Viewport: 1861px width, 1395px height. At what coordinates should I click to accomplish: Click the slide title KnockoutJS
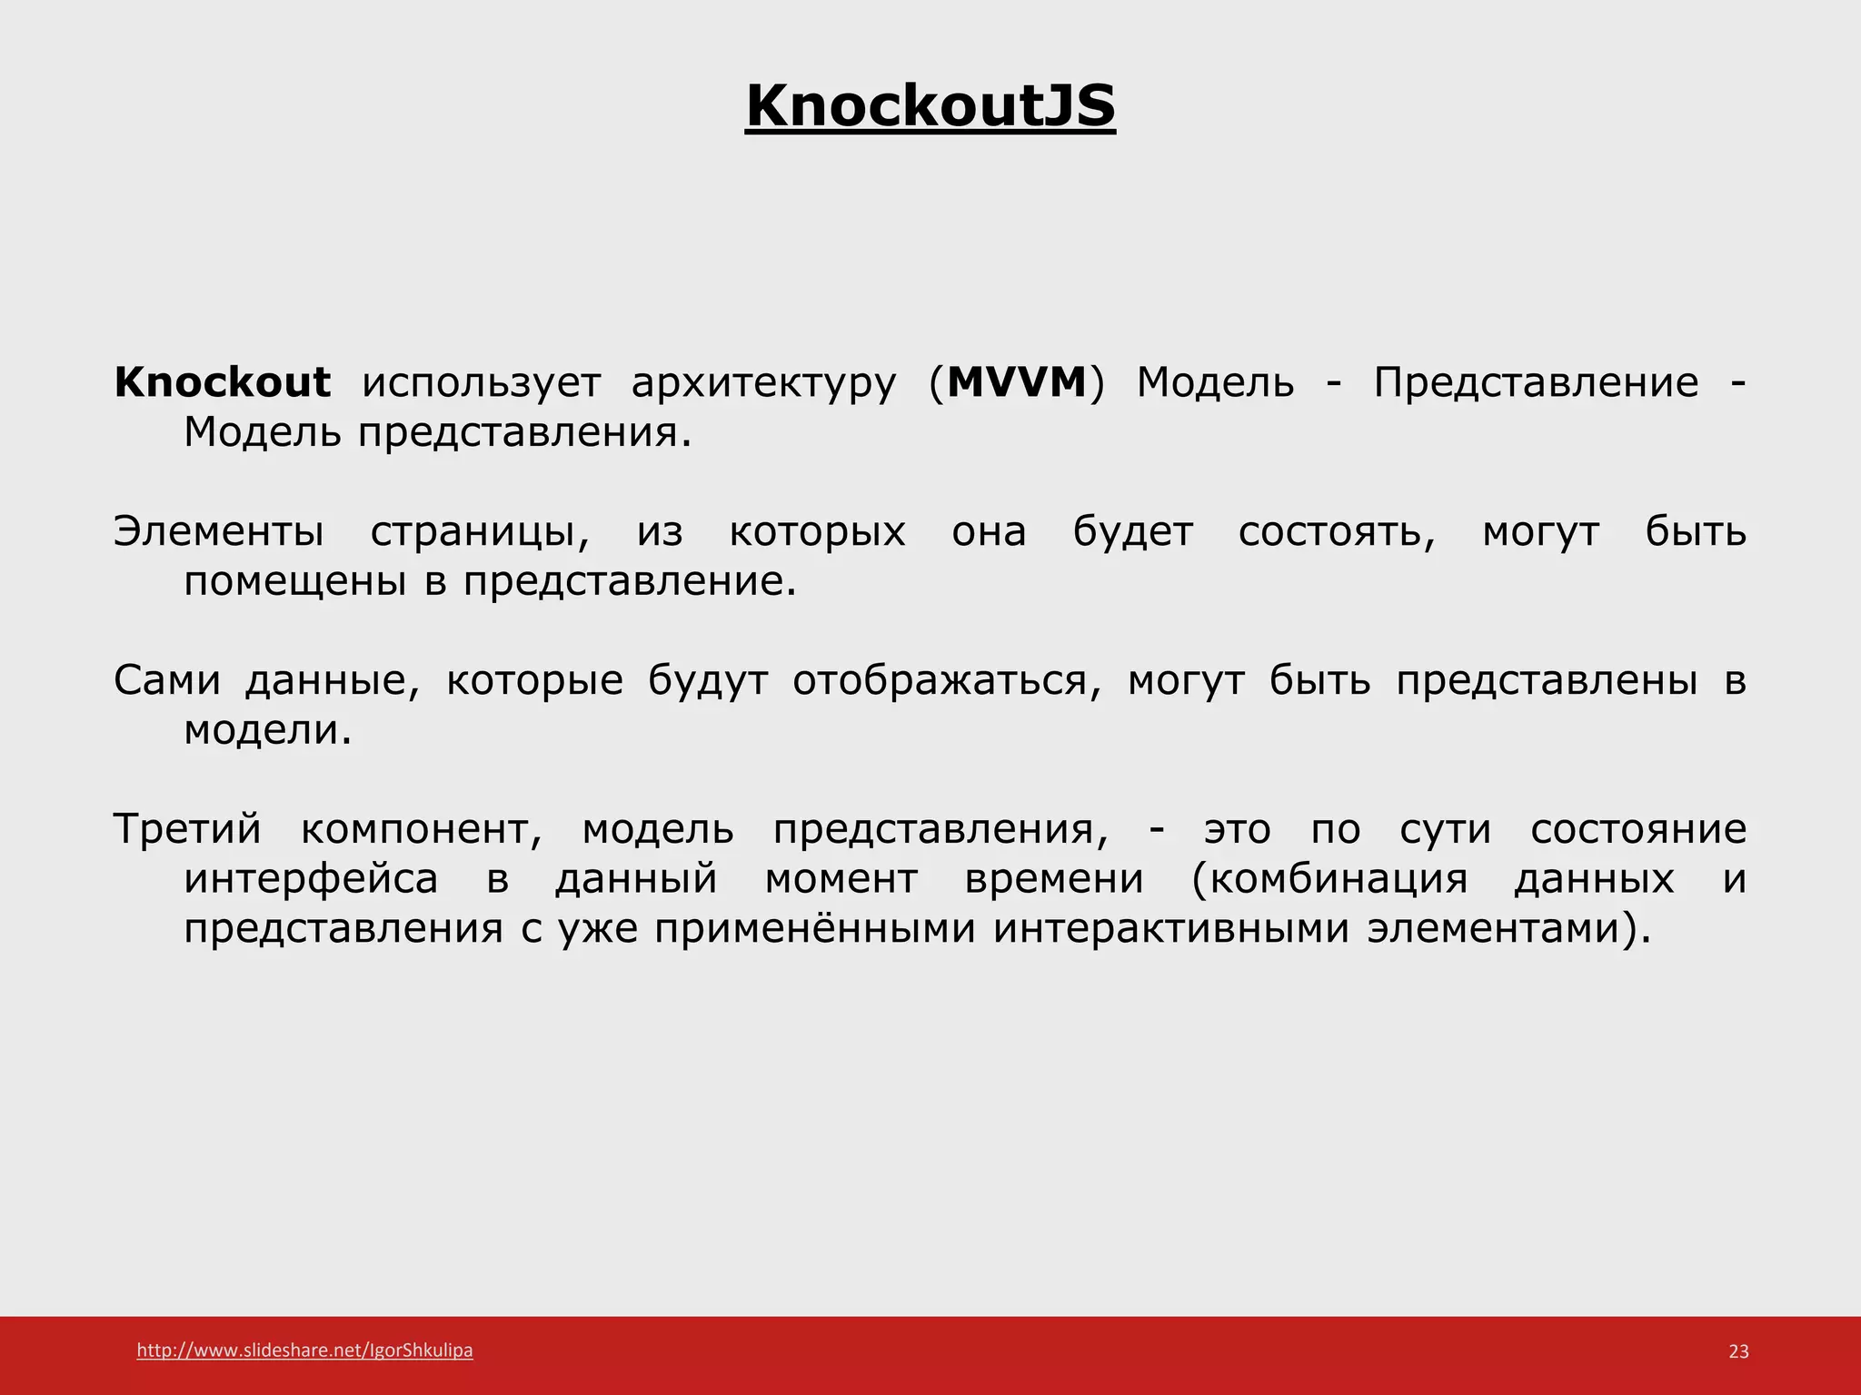click(x=930, y=106)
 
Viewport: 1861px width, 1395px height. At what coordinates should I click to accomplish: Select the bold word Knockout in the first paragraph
click(x=222, y=382)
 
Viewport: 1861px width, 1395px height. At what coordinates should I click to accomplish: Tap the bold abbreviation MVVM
click(x=1016, y=382)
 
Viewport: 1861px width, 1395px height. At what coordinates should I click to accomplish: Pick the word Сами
click(x=167, y=680)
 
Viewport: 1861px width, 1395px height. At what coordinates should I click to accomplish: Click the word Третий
click(x=187, y=829)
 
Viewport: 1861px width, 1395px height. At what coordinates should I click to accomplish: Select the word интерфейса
click(x=311, y=879)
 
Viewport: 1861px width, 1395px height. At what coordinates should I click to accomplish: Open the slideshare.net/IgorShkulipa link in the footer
click(x=304, y=1350)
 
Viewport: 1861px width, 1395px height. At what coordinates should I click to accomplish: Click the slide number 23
click(x=1738, y=1351)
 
